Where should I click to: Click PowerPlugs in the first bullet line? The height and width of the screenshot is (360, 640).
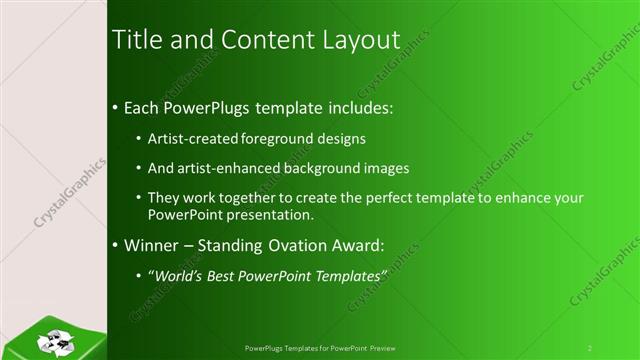pos(204,106)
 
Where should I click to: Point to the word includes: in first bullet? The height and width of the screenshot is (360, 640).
pos(349,106)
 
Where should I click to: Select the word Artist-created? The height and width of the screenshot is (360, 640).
pos(189,139)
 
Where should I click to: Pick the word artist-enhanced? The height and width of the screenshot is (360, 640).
pos(221,168)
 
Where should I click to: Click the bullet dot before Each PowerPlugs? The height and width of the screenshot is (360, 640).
pos(116,107)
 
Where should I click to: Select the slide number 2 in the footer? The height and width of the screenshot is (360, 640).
pos(590,348)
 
